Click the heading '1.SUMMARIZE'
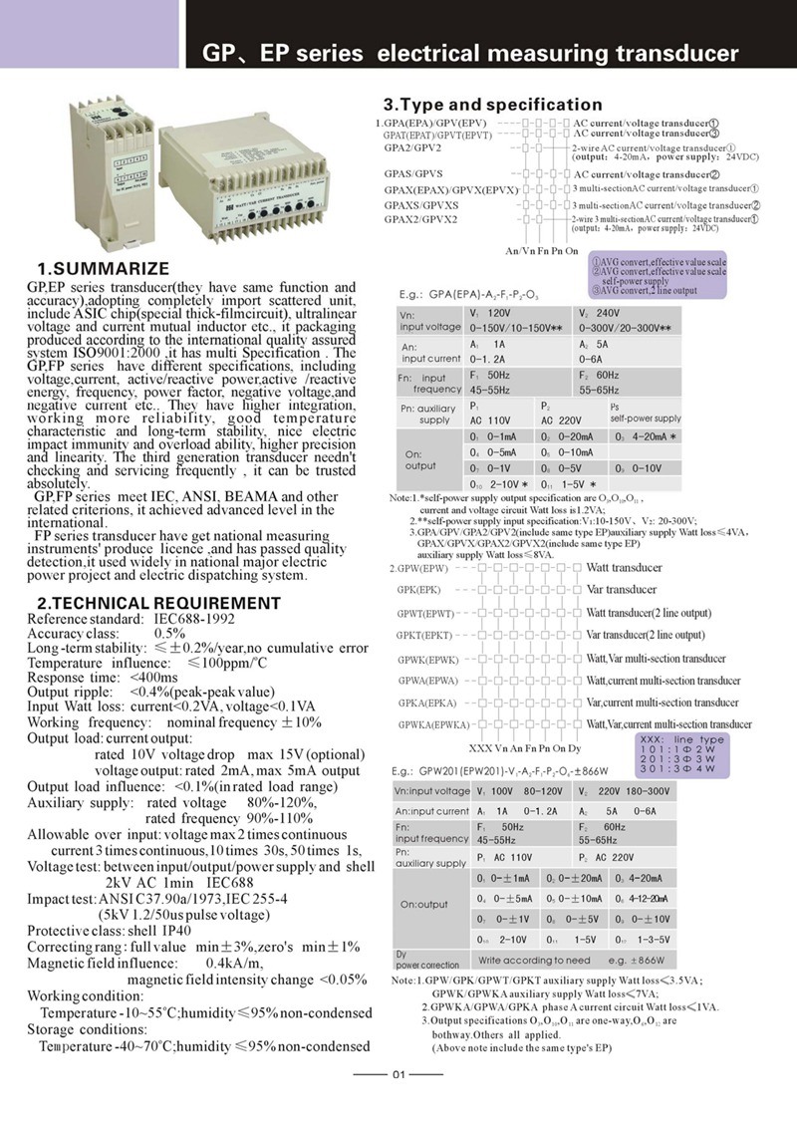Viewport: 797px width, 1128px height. click(103, 269)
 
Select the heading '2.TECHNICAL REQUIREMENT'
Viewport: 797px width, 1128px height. click(158, 603)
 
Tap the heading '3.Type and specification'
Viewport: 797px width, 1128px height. click(493, 105)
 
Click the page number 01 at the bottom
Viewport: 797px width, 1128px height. click(398, 1073)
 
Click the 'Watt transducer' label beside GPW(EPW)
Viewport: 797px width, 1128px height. click(624, 568)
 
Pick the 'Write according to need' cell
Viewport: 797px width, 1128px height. click(534, 961)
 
